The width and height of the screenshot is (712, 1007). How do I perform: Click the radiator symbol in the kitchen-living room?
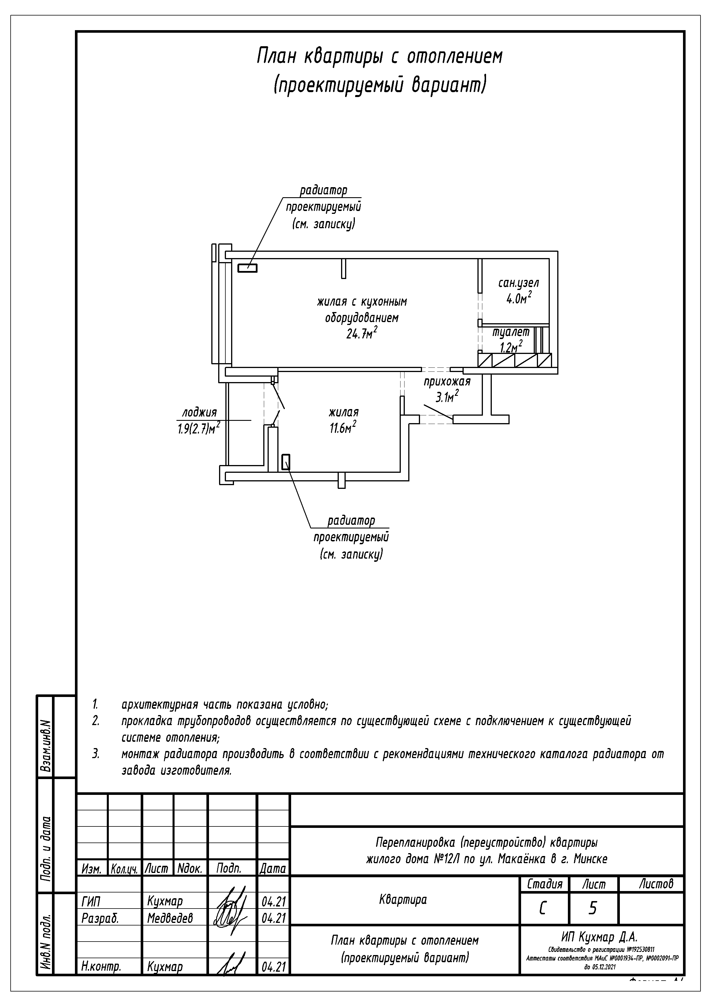[247, 268]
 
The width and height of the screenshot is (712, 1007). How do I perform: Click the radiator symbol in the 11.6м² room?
[286, 462]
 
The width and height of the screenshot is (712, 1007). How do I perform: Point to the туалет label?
[511, 332]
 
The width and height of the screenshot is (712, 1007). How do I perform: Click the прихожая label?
[447, 382]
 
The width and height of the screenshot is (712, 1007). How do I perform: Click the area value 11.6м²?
[343, 428]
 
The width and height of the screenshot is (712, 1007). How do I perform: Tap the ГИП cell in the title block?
[91, 902]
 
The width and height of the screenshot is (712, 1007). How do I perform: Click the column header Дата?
[272, 868]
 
